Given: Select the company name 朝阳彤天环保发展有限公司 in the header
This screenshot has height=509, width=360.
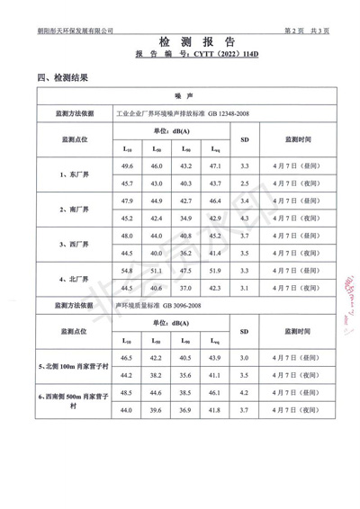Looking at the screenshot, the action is coord(76,30).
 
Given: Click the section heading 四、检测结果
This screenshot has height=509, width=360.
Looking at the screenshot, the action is coord(62,77).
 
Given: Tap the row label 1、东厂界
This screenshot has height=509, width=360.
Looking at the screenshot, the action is coord(75,174).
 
